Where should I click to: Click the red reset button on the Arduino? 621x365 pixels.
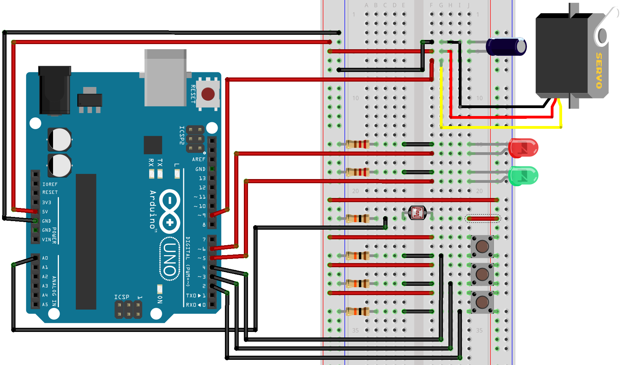[208, 94]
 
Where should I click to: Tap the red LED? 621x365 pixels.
[524, 148]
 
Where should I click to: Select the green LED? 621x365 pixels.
[524, 176]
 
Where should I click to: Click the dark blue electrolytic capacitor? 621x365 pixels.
[506, 46]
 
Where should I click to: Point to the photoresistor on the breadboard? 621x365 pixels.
[417, 213]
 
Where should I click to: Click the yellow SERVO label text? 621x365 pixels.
[599, 71]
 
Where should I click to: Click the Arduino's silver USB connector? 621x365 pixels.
[165, 77]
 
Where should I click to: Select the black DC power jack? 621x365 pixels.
[55, 90]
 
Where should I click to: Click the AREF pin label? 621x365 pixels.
[198, 159]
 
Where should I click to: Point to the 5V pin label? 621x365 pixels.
[45, 212]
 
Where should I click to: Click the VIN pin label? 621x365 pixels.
[46, 240]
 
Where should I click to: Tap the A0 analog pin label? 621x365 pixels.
[45, 258]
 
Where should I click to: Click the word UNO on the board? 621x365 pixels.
[170, 259]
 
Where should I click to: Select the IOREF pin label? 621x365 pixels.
[50, 185]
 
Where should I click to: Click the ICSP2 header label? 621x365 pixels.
[182, 135]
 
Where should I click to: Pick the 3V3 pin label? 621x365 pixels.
[46, 202]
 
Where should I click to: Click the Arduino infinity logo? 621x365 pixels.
[169, 211]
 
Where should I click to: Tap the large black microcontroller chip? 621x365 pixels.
[86, 241]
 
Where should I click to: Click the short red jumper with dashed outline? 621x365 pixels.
[483, 218]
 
